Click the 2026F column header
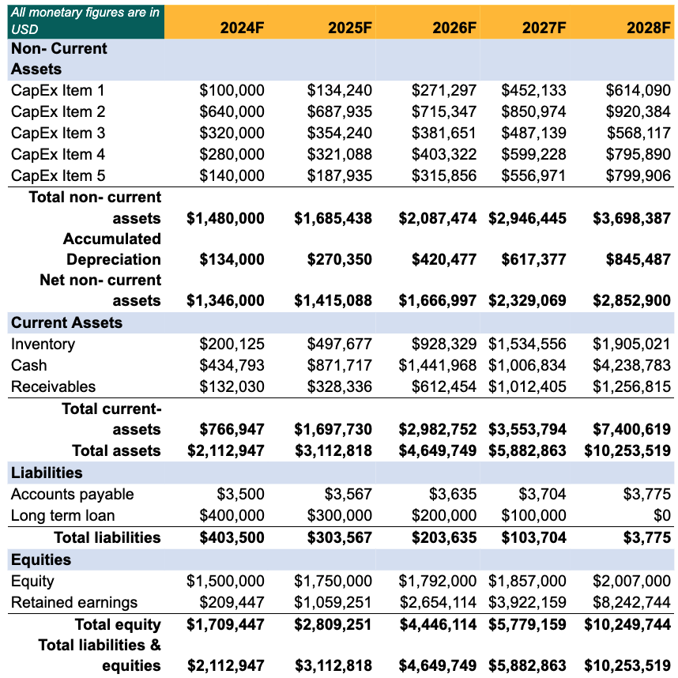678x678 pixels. tap(454, 28)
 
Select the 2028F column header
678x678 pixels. tap(648, 28)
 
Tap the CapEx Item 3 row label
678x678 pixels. tap(58, 133)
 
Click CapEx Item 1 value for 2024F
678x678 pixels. tap(232, 90)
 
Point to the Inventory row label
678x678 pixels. tap(43, 344)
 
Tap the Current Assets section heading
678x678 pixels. tap(66, 322)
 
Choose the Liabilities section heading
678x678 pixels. tap(47, 473)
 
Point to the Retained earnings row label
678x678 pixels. tap(74, 602)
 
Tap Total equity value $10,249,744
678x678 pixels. tap(627, 624)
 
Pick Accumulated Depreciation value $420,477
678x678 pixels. tap(444, 259)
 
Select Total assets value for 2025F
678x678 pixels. tap(333, 450)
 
